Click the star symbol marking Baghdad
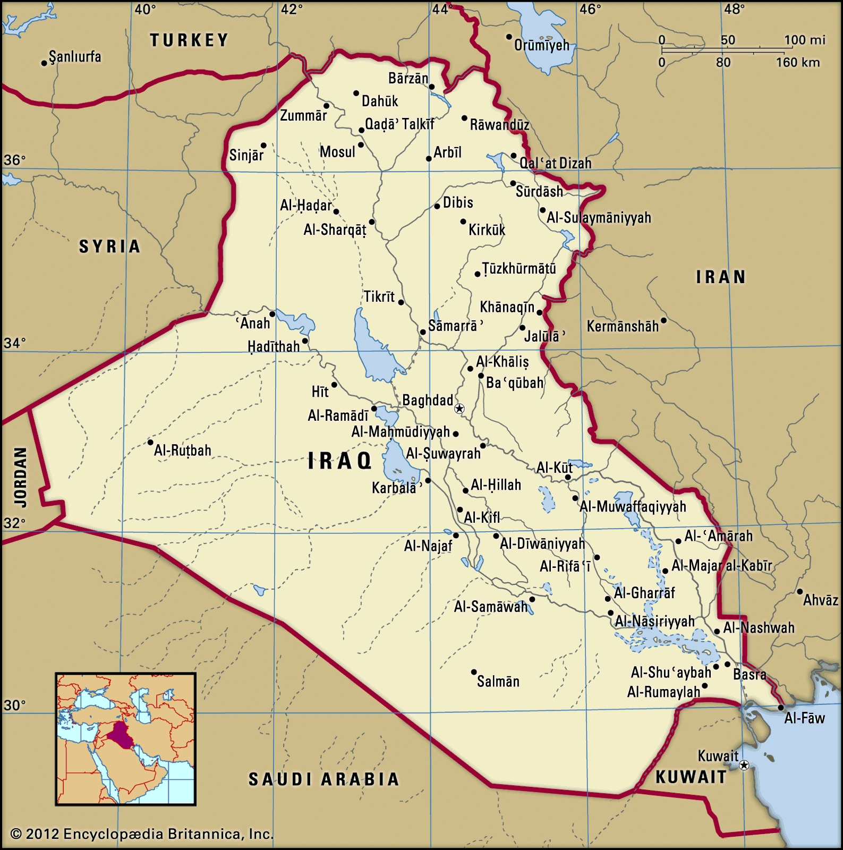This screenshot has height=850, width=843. (459, 409)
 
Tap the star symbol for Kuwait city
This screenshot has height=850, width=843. (744, 765)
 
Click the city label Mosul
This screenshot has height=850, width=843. (337, 152)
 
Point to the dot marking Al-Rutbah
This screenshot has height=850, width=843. (150, 442)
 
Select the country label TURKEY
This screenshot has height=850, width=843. (189, 40)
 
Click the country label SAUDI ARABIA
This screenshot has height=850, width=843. (324, 779)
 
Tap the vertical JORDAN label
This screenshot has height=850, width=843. (20, 477)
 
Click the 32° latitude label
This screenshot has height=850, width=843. (14, 523)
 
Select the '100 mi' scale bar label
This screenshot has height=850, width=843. (805, 40)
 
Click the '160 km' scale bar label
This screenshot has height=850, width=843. (797, 63)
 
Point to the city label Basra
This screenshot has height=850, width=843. (750, 675)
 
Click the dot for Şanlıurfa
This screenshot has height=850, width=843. (44, 63)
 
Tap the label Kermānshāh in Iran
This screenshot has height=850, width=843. (623, 326)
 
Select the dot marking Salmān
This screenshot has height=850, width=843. (474, 672)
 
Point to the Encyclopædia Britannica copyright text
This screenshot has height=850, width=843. (142, 834)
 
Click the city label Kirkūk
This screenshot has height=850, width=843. (487, 230)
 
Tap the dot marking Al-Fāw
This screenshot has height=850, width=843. (781, 708)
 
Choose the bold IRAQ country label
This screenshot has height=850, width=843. (340, 461)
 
